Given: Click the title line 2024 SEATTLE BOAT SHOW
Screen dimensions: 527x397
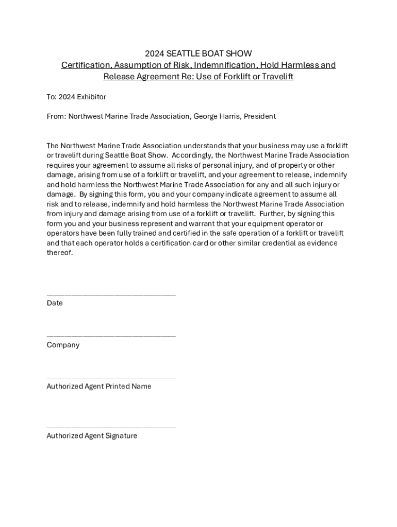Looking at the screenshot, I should (x=198, y=54).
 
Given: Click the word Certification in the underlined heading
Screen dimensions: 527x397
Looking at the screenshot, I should (x=85, y=65).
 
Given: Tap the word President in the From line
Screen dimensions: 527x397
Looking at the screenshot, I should (x=260, y=116).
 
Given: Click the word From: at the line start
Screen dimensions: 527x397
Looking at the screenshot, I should (x=56, y=116).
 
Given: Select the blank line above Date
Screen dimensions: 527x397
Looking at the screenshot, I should (x=111, y=294).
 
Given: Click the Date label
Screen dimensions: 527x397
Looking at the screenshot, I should (x=55, y=303).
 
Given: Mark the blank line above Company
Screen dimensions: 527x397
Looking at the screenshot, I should (x=111, y=336).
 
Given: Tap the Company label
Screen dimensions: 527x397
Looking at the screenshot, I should (x=63, y=345).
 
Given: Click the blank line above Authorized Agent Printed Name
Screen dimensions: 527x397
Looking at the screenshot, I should (x=111, y=377).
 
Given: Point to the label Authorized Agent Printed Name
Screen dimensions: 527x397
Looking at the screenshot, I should (x=99, y=386).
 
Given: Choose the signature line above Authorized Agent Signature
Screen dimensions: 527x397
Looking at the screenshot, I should (x=111, y=427).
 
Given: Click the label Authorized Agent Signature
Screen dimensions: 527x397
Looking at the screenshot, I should (x=92, y=436).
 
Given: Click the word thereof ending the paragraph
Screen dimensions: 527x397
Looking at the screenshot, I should (x=60, y=253).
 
